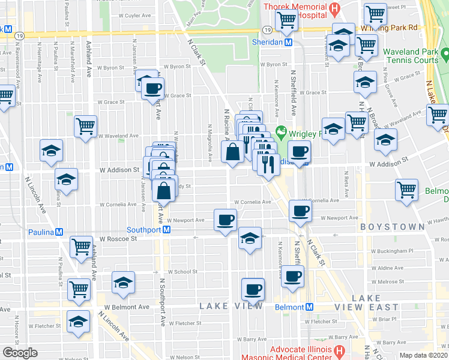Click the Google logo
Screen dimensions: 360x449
click(20, 353)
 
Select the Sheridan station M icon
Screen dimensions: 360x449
click(289, 43)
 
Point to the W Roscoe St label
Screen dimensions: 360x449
click(118, 238)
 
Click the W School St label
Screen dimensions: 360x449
click(183, 272)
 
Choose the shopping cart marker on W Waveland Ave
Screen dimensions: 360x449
click(86, 127)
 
